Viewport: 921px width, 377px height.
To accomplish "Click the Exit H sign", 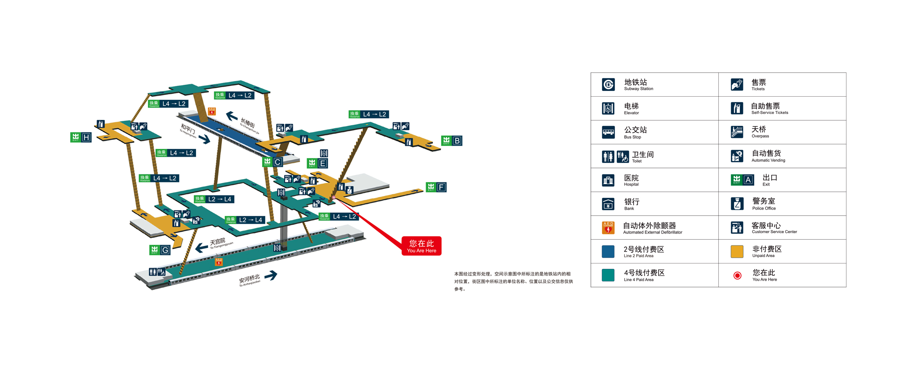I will [81, 137].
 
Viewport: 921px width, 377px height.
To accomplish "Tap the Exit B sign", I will [452, 141].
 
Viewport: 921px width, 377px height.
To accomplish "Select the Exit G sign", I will [160, 250].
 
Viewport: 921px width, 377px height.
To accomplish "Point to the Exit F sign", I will [436, 187].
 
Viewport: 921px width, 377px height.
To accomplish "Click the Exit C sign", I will [272, 162].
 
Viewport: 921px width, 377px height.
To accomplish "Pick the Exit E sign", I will [317, 163].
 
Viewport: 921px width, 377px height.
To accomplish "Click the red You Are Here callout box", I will [421, 246].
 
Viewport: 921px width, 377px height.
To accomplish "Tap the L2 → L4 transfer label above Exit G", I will [244, 220].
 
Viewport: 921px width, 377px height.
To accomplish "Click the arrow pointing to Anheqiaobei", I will [271, 275].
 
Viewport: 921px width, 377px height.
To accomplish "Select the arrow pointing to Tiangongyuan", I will [201, 247].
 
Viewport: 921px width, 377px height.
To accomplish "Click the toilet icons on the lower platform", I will [157, 272].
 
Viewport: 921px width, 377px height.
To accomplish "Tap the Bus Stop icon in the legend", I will [608, 132].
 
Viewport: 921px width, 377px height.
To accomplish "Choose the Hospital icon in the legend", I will [608, 180].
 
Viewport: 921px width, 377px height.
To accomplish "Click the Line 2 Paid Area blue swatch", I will [608, 252].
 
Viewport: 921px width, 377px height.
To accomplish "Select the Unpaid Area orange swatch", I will [737, 252].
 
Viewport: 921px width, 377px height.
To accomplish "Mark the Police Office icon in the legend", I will [737, 204].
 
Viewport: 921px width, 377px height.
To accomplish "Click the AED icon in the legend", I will [608, 228].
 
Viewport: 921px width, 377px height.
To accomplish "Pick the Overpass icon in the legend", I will [737, 132].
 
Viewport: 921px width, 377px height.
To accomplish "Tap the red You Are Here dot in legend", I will [737, 275].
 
